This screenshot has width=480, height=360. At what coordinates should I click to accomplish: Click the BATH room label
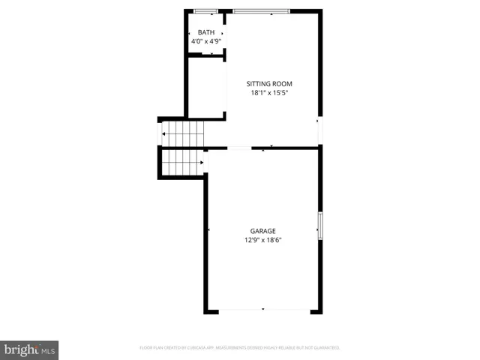point(205,32)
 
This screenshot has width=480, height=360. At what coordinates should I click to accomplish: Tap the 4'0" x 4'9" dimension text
point(205,41)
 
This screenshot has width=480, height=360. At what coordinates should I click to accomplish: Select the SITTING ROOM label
point(269,83)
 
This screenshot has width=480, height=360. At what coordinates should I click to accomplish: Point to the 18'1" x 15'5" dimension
point(269,93)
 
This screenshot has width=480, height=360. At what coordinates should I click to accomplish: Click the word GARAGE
point(262,231)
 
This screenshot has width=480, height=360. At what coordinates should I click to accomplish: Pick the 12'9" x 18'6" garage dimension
point(262,241)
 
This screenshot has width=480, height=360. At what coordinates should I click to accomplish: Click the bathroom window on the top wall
point(205,11)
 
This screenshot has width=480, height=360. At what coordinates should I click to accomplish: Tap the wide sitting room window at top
point(261,11)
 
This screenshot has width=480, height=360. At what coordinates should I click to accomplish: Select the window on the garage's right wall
point(320,225)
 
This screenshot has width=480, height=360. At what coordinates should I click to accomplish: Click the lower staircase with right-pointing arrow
point(182,161)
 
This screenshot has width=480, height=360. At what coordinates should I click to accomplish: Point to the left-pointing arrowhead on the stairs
point(165,134)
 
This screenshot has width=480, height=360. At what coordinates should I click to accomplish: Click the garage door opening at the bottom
point(262,310)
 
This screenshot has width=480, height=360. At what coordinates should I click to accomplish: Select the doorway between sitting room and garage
point(238,148)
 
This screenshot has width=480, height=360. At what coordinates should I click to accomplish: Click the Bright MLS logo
point(29,349)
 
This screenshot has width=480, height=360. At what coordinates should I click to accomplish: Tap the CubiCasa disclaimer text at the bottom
point(240,348)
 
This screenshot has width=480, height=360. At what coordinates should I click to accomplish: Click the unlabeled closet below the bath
point(206,88)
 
